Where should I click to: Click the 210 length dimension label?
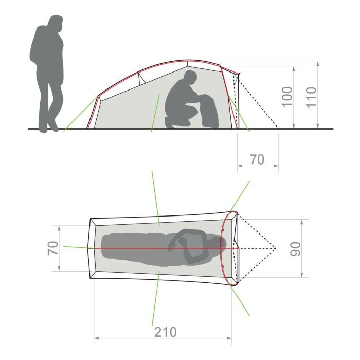coord(165,332)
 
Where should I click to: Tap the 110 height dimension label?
coord(311,97)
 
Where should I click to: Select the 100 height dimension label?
coord(287,97)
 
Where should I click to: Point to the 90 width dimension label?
coord(295,249)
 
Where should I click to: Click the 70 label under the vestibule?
coord(257,159)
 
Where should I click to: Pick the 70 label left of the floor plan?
coord(53,248)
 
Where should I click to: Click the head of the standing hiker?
coord(55,24)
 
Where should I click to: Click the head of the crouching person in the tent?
coord(190,78)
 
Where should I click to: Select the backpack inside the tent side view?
coord(208,111)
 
